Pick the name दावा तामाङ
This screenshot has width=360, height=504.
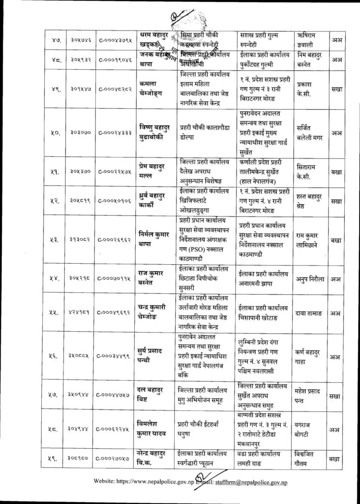[309, 312]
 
